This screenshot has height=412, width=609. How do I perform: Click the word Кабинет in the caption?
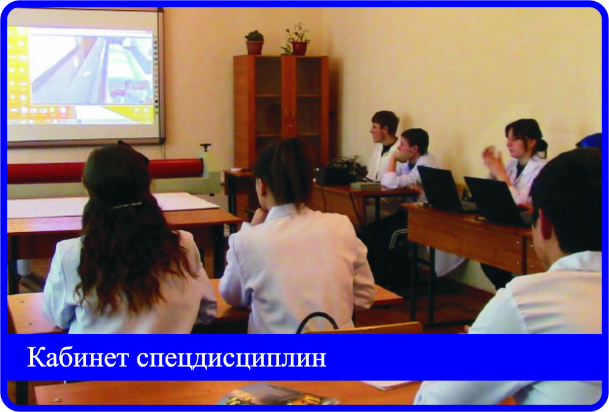click(x=78, y=357)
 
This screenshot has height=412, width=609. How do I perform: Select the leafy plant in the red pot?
click(x=296, y=39)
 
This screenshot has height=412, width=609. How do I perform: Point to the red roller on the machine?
click(x=105, y=171)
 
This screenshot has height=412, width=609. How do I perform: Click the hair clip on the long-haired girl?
click(x=128, y=205)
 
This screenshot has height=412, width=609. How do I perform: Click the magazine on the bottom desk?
click(x=277, y=395)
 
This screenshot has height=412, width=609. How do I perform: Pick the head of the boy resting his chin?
click(x=414, y=143)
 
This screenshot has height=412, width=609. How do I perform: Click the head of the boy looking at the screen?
click(x=384, y=126)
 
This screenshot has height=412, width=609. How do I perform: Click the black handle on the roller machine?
click(x=205, y=147)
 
